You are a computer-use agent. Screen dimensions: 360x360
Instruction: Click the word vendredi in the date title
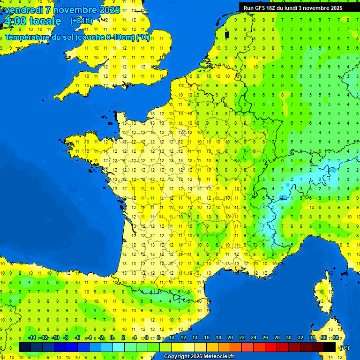(x=24, y=9)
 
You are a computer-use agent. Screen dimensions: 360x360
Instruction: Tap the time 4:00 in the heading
(x=15, y=21)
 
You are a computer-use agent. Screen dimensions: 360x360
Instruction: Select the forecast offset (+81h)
(x=81, y=21)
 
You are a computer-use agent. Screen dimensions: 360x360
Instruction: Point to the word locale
(x=45, y=21)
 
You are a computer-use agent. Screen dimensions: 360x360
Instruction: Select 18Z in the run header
(x=276, y=7)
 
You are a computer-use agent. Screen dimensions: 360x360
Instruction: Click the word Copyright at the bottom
(x=177, y=357)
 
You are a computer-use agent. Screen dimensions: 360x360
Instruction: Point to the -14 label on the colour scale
(x=32, y=338)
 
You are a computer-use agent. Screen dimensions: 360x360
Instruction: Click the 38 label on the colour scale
(x=336, y=338)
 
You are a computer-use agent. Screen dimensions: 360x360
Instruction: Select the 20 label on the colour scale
(x=230, y=338)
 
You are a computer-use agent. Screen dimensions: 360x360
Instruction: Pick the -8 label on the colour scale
(x=66, y=338)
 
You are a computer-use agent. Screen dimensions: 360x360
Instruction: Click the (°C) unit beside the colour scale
(x=344, y=347)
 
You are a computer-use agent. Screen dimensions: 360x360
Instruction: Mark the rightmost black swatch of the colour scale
(x=330, y=347)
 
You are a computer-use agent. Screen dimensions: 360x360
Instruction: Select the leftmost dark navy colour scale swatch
(x=25, y=347)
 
